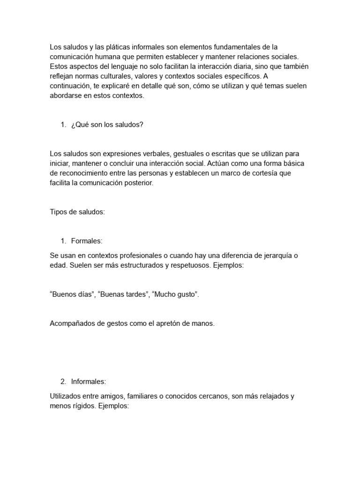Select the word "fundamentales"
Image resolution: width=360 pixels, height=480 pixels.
(238, 47)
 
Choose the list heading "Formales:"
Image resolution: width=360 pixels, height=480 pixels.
(87, 241)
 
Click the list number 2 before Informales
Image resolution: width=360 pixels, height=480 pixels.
(63, 382)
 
